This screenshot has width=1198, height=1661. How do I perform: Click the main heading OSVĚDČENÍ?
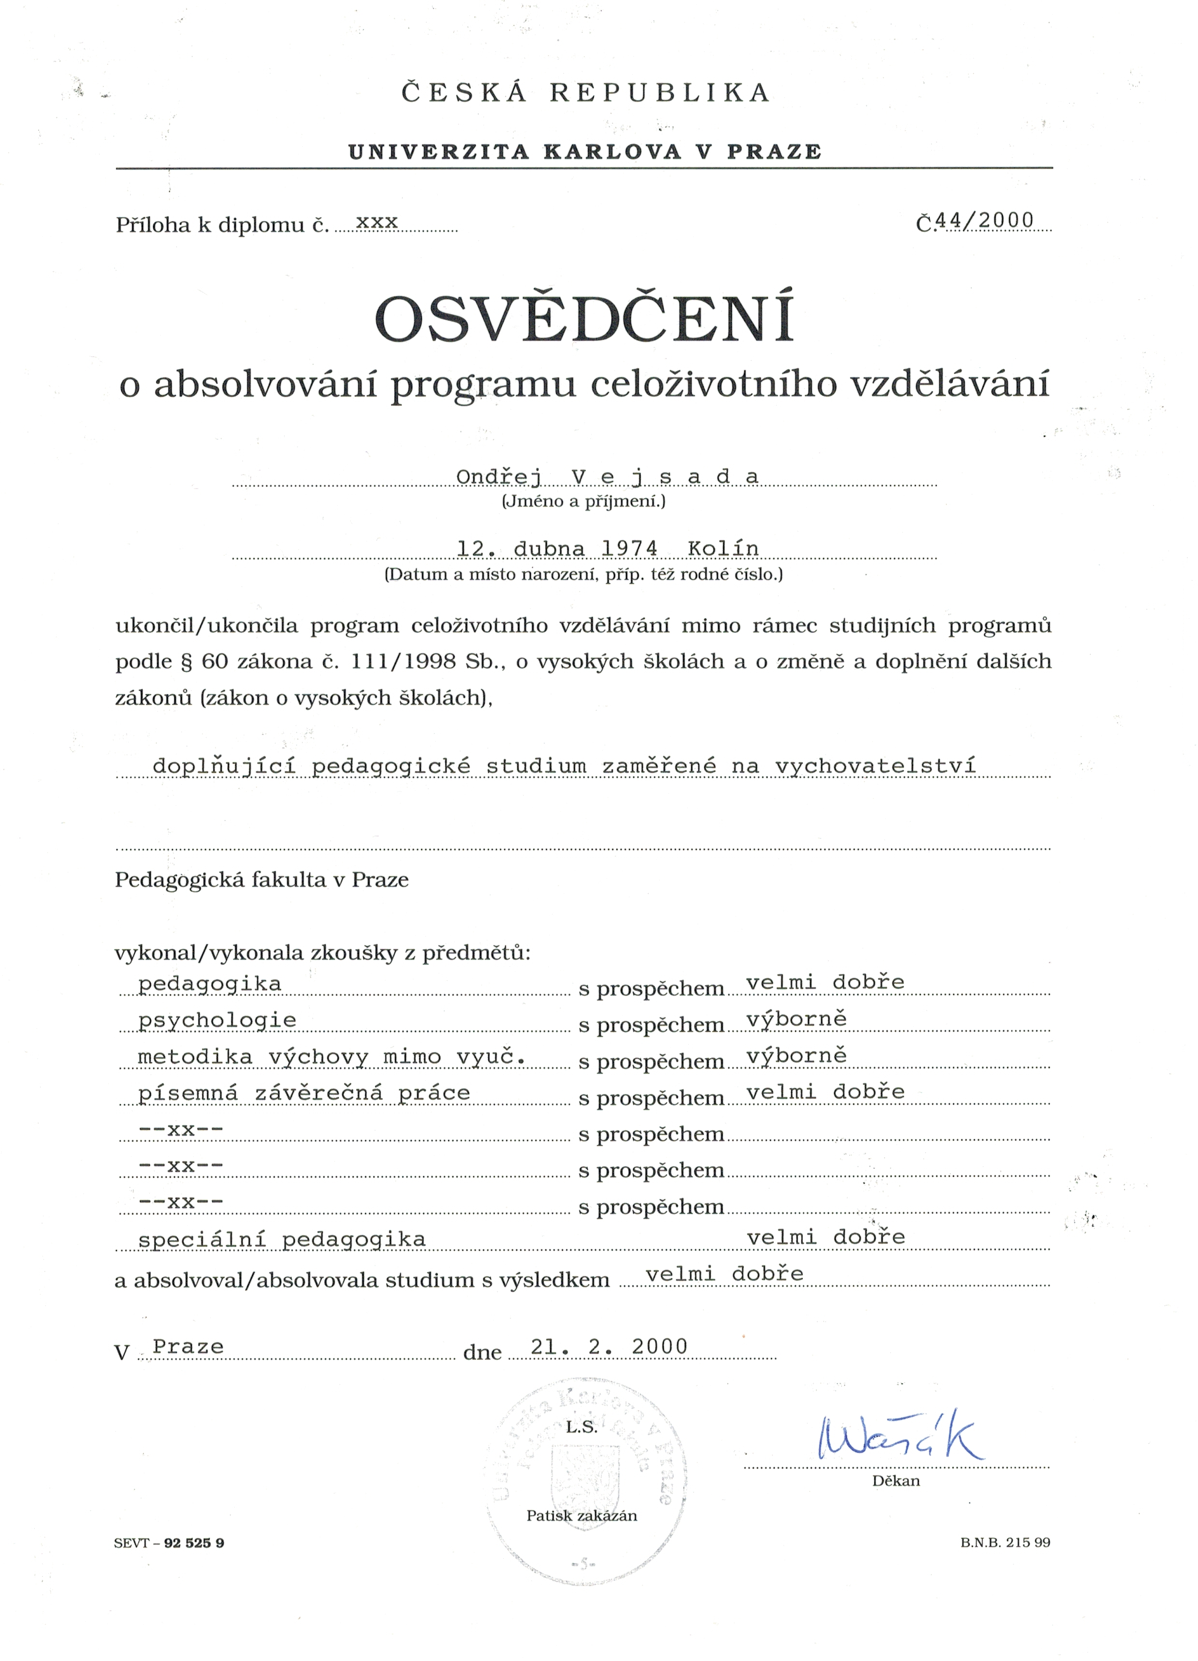(x=585, y=319)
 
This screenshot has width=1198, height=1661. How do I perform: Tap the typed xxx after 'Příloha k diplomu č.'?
(x=376, y=221)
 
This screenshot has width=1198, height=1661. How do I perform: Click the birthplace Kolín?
(x=723, y=549)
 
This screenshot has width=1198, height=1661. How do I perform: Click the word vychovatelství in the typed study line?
(x=875, y=766)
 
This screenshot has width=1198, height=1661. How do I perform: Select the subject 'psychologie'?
(x=217, y=1020)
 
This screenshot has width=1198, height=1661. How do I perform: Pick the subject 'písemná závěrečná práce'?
(x=304, y=1093)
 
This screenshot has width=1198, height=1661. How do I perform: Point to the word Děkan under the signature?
(x=896, y=1481)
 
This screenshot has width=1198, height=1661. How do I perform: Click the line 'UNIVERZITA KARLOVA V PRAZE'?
(x=585, y=152)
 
